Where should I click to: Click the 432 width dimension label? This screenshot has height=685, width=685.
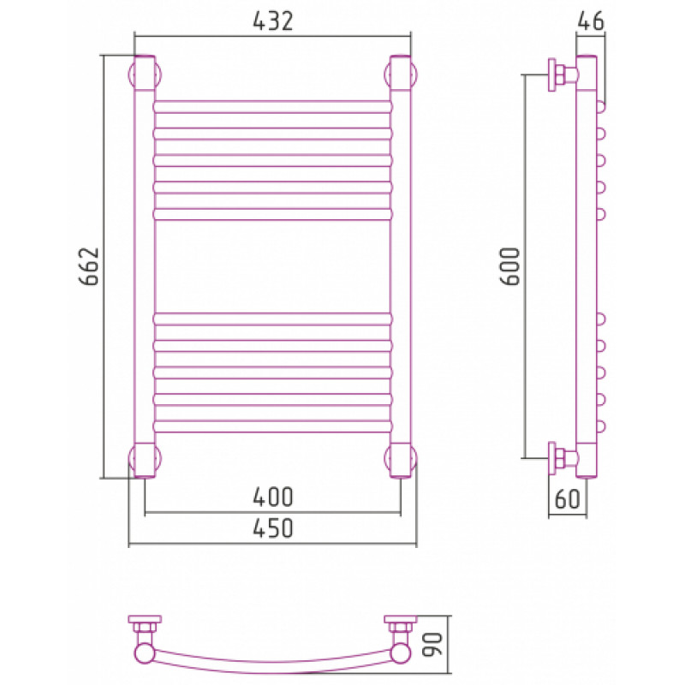(272, 21)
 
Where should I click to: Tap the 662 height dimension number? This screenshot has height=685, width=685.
(89, 266)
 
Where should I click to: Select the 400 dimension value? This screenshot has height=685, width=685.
(272, 497)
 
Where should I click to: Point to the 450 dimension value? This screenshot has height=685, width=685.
(272, 528)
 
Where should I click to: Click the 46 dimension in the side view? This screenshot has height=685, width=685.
(591, 21)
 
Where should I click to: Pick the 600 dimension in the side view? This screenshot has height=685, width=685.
(509, 266)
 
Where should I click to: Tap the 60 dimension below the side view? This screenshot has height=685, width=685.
(567, 499)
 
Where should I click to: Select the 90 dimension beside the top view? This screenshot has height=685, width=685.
(433, 645)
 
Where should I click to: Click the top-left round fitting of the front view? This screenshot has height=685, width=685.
(145, 74)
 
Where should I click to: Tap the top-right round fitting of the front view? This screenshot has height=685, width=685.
(401, 74)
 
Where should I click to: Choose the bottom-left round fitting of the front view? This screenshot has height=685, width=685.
(145, 459)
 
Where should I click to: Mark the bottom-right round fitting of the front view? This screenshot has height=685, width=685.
(401, 459)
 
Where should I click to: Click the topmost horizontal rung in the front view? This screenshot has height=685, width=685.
(272, 107)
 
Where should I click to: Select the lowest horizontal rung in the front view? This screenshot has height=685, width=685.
(272, 426)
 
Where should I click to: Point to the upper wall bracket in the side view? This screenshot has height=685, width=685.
(563, 74)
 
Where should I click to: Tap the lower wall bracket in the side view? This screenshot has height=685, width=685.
(563, 458)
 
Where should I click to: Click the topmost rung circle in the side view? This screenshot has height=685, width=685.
(601, 107)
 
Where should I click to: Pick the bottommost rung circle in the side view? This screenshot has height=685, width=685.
(601, 426)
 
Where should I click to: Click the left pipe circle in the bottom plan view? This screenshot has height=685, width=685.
(145, 654)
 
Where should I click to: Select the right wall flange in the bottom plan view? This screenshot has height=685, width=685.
(401, 619)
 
